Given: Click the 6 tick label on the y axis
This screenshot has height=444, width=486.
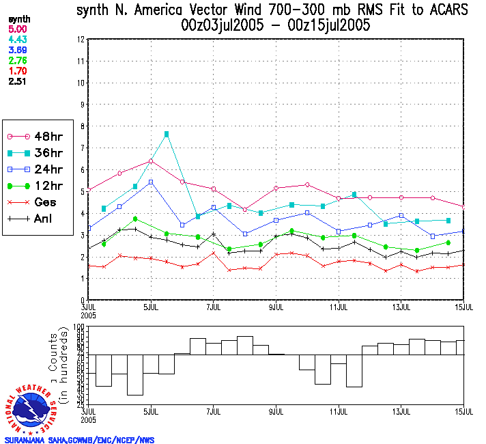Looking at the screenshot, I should [x=81, y=169].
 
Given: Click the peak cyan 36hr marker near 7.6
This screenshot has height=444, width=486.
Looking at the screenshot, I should [x=167, y=134].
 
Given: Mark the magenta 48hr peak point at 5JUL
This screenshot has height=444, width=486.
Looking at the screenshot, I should [x=151, y=161].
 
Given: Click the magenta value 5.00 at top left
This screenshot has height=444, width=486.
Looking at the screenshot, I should [x=17, y=29].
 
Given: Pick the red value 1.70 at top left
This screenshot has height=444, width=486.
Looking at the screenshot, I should [x=17, y=70].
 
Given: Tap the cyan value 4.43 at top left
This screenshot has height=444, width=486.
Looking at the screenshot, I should [x=17, y=40].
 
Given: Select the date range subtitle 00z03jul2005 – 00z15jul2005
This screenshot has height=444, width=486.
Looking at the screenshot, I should [x=276, y=26].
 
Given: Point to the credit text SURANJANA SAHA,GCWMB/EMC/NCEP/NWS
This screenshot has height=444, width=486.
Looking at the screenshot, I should [x=79, y=439].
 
